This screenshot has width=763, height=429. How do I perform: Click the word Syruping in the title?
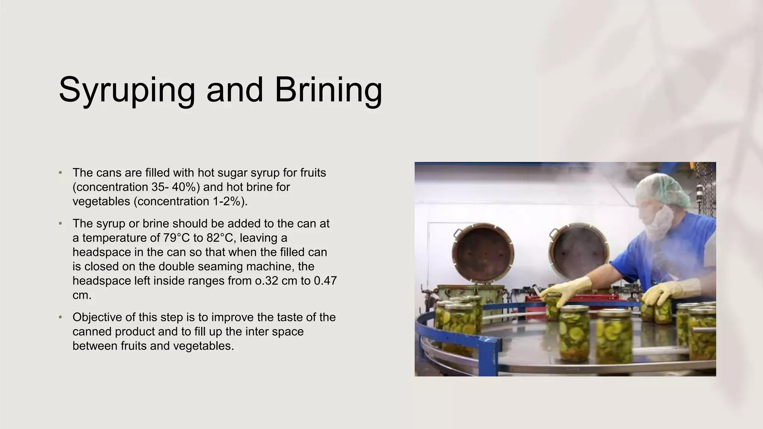tap(127, 90)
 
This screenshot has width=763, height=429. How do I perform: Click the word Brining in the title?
tap(328, 90)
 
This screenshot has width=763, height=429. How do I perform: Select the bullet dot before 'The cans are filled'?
tap(60, 173)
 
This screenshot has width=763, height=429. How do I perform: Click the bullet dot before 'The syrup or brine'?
tap(60, 223)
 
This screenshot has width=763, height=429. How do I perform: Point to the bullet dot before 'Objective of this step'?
tap(60, 317)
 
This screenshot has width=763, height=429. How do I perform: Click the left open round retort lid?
tap(483, 252)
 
